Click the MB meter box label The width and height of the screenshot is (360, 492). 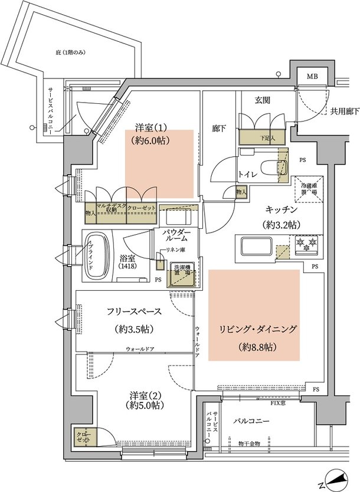(x=310, y=77)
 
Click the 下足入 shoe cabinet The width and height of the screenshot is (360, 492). (x=261, y=137)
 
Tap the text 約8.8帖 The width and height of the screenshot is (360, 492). (x=255, y=348)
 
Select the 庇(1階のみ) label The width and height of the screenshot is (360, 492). (x=70, y=53)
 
